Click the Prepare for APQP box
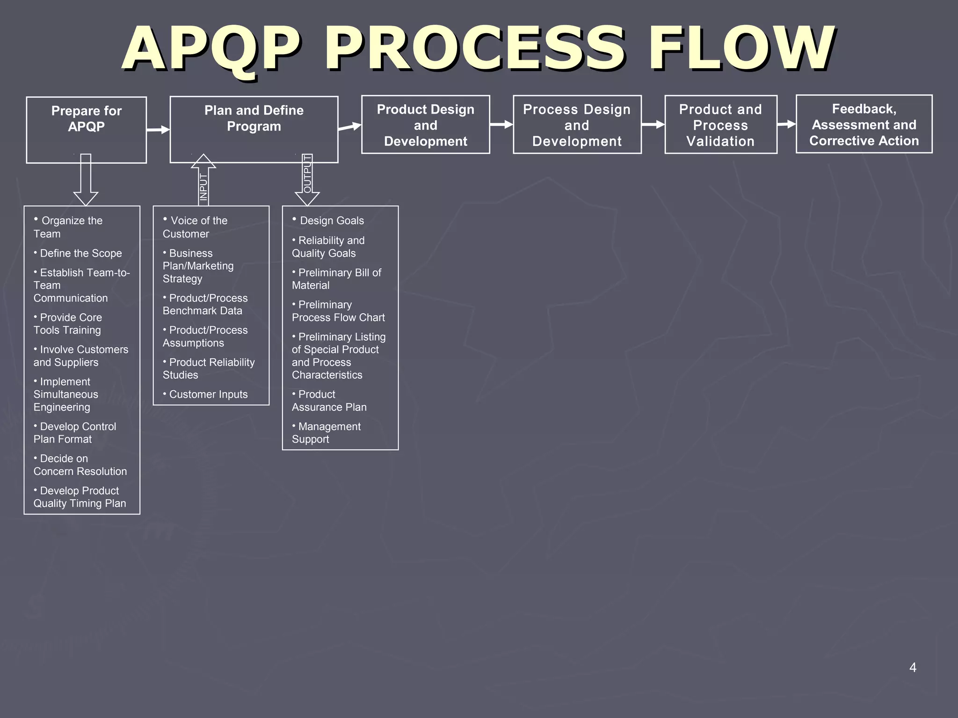pos(86,129)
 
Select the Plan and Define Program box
pos(254,129)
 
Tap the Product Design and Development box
pos(425,124)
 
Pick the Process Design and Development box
pos(577,124)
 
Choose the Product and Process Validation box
pos(720,124)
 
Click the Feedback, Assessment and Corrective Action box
pos(864,124)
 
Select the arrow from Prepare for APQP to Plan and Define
pos(158,129)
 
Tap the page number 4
pos(912,668)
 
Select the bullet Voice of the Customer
pos(195,227)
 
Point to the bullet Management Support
pos(327,433)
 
